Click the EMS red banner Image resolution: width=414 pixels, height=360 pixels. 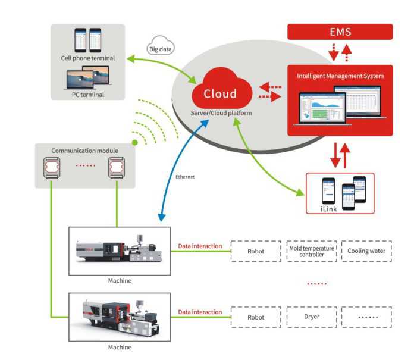[x=340, y=32]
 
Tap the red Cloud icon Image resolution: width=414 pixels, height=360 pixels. [x=219, y=93]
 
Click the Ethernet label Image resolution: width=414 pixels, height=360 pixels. [x=184, y=177]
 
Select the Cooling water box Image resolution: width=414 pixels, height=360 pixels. [x=366, y=251]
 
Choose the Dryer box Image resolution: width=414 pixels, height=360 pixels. [x=311, y=317]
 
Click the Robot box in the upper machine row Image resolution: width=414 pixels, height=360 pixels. [x=256, y=251]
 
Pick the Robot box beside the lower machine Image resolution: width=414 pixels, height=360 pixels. [x=256, y=317]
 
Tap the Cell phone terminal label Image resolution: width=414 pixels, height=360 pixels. [x=88, y=58]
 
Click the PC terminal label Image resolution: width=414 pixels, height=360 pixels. [x=88, y=94]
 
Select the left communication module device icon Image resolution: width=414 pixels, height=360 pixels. [x=51, y=169]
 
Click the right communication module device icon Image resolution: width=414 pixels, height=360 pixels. [x=117, y=169]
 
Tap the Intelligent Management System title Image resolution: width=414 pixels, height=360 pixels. [x=340, y=76]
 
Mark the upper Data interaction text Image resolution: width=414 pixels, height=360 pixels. [x=200, y=246]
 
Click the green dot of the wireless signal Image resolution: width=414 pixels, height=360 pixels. [x=135, y=143]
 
